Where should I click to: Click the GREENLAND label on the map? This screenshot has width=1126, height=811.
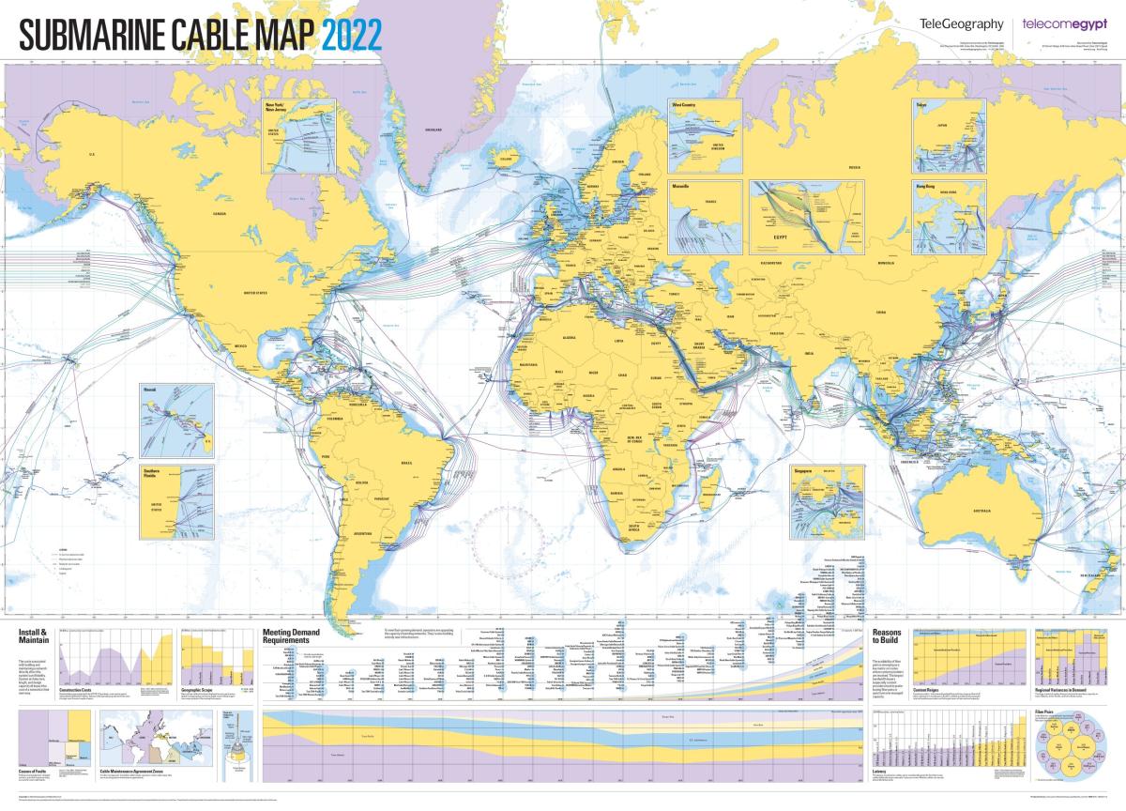(433, 129)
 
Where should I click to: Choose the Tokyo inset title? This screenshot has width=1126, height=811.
(921, 104)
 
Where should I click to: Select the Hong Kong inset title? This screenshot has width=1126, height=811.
(926, 187)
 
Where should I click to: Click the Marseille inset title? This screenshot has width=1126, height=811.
(682, 187)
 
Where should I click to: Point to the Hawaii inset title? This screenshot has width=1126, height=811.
(148, 386)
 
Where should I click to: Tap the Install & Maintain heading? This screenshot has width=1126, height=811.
(33, 637)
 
